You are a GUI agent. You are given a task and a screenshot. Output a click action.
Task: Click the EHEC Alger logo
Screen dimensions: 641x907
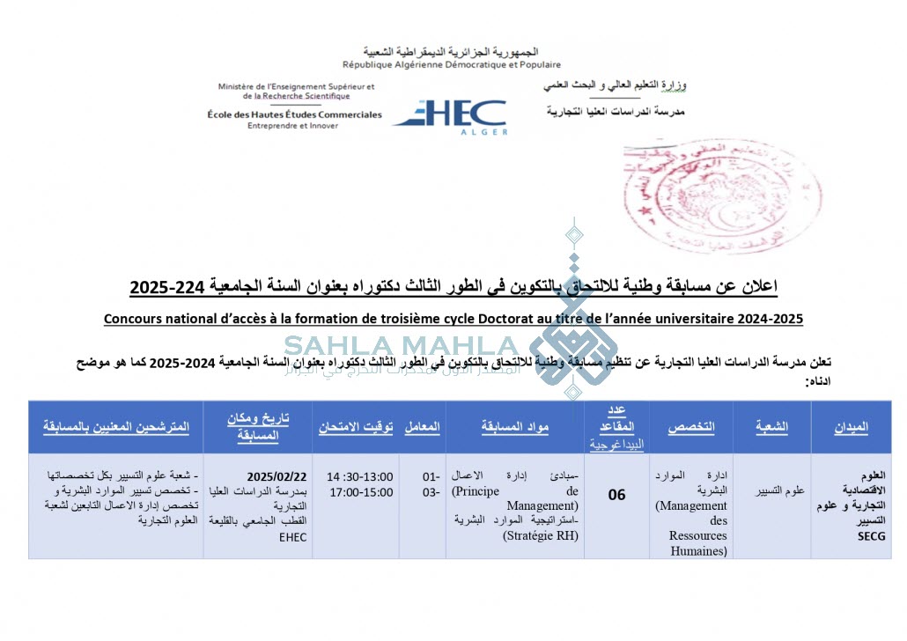[x=450, y=115]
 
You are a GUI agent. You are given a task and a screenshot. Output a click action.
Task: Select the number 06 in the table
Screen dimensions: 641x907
[x=617, y=495]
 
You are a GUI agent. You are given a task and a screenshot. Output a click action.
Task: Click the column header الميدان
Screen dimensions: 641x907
[x=852, y=427]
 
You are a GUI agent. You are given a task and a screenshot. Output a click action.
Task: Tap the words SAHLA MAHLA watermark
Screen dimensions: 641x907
[x=402, y=346]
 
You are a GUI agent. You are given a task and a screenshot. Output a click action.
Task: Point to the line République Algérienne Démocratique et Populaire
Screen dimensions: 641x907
[x=452, y=65]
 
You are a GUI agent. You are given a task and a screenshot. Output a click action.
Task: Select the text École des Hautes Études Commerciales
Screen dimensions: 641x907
[x=295, y=114]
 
